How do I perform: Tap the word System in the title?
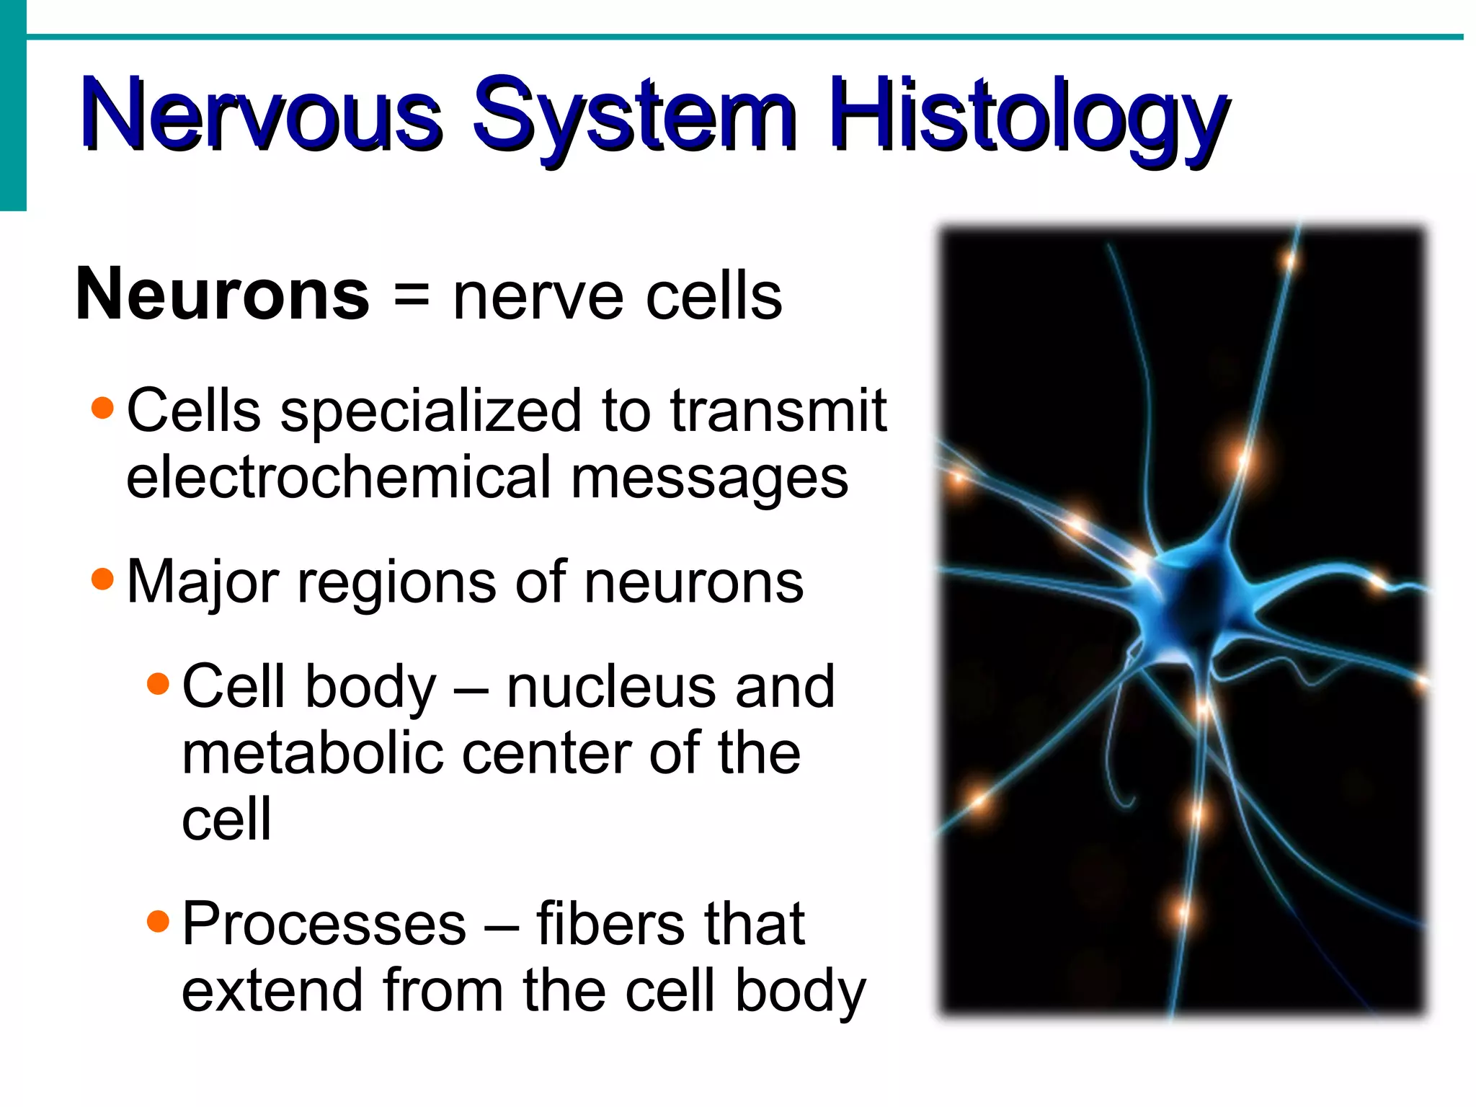[x=634, y=115]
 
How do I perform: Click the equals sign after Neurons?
[x=412, y=295]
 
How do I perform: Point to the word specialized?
[x=430, y=412]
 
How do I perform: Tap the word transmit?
[x=778, y=410]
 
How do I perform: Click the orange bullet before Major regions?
[x=103, y=579]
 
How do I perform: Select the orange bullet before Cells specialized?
[x=103, y=408]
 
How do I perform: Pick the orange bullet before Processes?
[x=158, y=920]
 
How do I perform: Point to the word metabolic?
[x=312, y=753]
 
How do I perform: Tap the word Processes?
[x=324, y=924]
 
